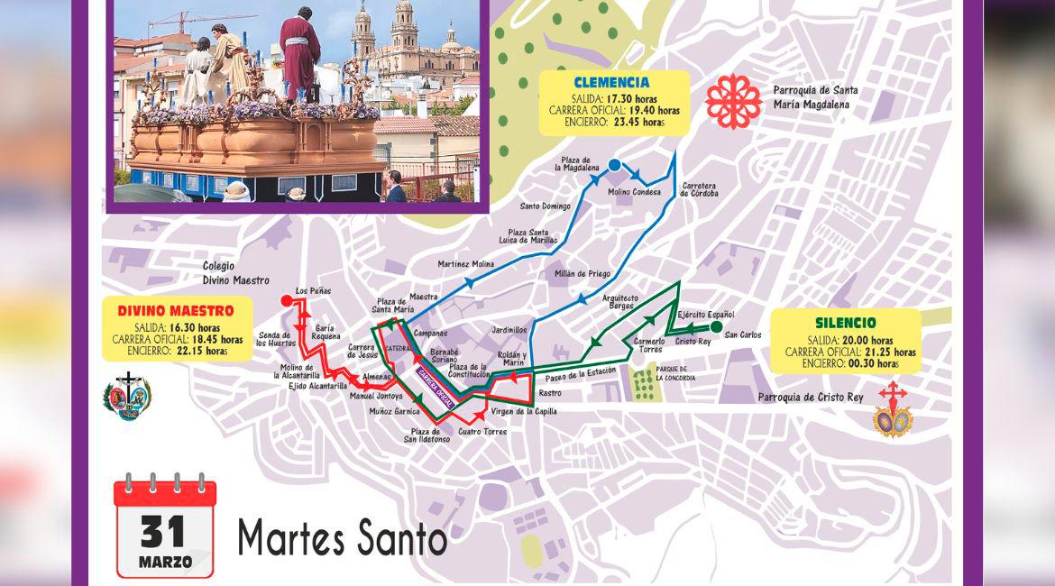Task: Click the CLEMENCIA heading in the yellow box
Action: pos(611,83)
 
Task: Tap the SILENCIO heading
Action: pos(845,322)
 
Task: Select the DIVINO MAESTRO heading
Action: pos(175,311)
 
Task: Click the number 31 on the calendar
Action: pos(163,531)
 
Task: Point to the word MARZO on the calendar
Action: pos(164,562)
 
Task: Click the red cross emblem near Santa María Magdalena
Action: pos(733,101)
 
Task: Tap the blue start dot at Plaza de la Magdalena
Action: pos(614,165)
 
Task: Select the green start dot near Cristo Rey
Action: pos(716,326)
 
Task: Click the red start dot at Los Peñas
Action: pos(287,300)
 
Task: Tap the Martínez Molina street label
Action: pos(465,263)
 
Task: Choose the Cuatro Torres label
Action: pos(482,432)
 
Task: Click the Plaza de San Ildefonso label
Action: pos(427,435)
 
